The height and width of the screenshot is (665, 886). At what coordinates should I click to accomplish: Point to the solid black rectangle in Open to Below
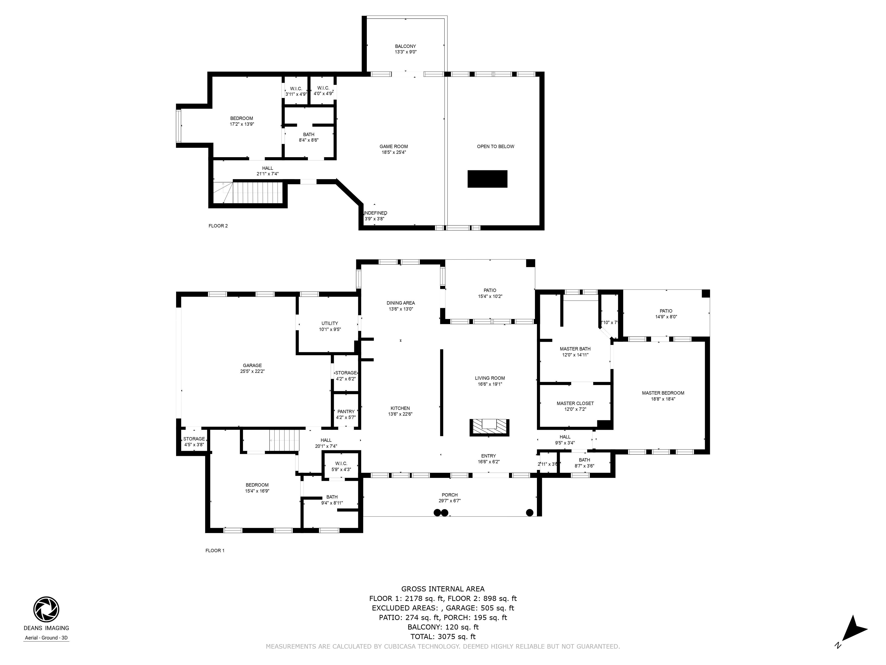coord(488,179)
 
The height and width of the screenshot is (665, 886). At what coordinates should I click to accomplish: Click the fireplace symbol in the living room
coord(489,427)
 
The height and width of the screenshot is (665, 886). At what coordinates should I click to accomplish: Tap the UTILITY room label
coord(330,323)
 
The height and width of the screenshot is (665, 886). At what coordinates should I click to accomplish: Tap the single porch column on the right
coord(530,512)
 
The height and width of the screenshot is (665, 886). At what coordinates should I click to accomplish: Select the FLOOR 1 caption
coord(215,550)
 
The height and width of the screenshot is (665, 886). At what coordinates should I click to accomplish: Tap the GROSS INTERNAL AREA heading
coord(443,589)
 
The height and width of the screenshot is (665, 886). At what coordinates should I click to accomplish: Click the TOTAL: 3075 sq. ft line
coord(443,637)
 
